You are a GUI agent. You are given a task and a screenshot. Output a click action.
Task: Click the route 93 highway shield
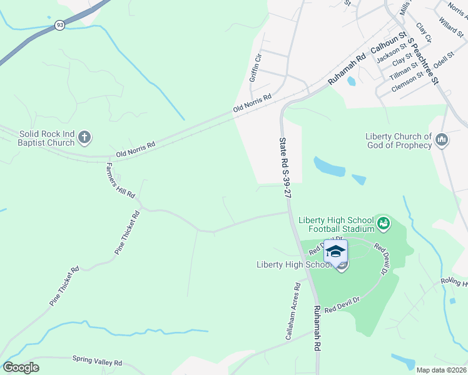click(59, 25)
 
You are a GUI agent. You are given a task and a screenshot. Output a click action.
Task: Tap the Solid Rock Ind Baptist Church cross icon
click(85, 137)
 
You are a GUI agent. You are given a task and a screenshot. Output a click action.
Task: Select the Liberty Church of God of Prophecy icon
click(442, 141)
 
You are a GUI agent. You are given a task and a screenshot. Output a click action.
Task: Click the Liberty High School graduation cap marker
click(335, 252)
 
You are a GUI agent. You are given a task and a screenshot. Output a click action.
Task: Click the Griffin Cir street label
click(255, 68)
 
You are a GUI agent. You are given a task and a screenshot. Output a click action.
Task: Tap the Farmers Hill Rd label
click(121, 181)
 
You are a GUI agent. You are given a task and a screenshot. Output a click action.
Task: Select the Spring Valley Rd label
click(97, 361)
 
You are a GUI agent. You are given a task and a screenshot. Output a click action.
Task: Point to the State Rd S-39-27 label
click(285, 167)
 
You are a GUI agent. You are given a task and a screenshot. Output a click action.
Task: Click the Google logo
click(21, 367)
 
